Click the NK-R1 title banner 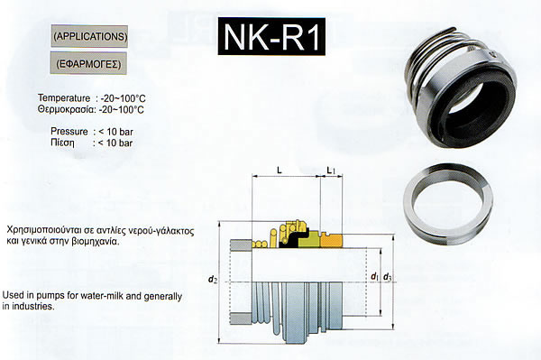271,36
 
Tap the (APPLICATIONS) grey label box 89,36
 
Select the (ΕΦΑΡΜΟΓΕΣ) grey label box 88,63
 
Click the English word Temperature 64,98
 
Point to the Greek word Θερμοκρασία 66,109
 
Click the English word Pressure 69,132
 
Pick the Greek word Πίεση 62,143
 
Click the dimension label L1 331,170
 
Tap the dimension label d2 213,279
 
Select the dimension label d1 375,276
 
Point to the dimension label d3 388,277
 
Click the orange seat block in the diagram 331,240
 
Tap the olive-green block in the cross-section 310,240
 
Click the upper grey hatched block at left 241,245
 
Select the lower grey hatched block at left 241,318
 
